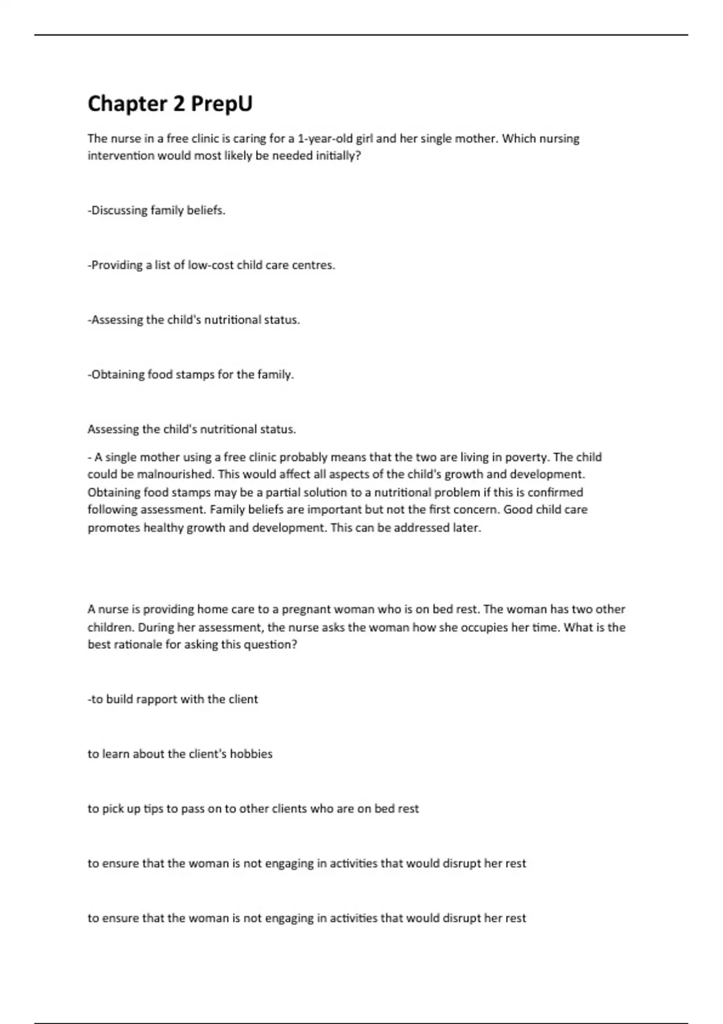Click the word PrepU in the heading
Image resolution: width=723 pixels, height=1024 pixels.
[x=222, y=104]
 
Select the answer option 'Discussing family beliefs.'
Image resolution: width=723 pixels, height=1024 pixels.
[x=157, y=211]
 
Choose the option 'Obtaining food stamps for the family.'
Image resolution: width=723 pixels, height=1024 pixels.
[x=191, y=375]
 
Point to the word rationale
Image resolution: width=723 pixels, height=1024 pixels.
[x=137, y=645]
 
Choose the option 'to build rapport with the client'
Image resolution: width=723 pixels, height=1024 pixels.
[x=173, y=699]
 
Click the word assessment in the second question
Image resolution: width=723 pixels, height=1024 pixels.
[x=231, y=627]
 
